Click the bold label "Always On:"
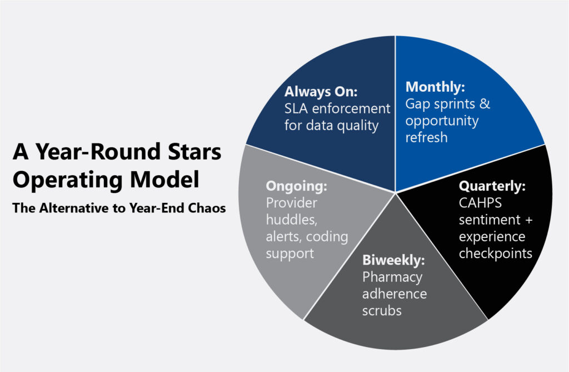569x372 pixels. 321,92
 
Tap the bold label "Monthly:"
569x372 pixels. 435,87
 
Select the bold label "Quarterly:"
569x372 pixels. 492,186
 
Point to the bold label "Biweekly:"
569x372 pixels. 393,260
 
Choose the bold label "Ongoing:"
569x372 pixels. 297,186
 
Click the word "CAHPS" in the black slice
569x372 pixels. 480,203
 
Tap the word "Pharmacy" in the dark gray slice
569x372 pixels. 392,277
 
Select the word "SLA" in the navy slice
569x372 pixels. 296,108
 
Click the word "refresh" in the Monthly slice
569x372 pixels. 426,138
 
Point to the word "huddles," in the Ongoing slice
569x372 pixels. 292,220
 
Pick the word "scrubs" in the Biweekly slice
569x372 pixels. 382,311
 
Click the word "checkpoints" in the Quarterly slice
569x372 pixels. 495,254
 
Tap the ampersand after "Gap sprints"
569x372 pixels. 485,104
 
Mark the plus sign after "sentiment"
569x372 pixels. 529,220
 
